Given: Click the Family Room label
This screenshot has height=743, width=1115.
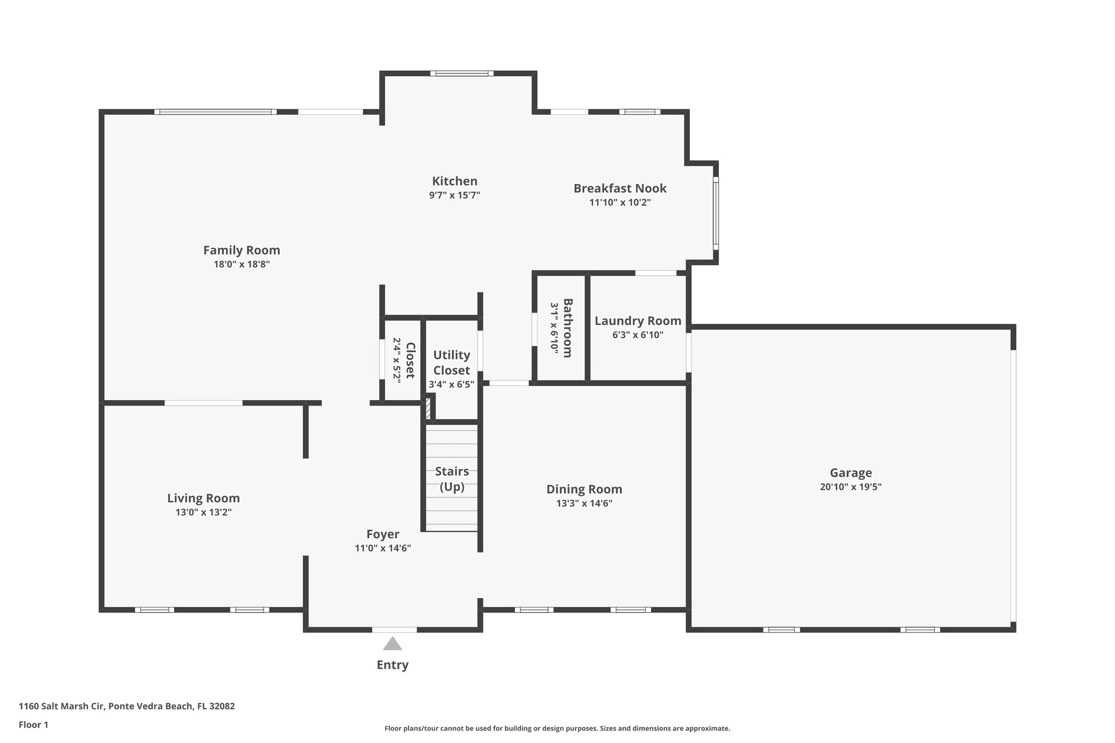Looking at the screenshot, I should pyautogui.click(x=241, y=250).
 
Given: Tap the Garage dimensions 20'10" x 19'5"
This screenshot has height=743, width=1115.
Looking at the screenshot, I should pyautogui.click(x=850, y=487).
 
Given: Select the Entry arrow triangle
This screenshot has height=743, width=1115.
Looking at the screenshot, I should pyautogui.click(x=392, y=644).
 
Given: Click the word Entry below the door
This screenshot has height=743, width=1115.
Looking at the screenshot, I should pyautogui.click(x=392, y=665).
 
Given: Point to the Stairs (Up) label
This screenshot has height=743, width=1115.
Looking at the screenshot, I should pyautogui.click(x=451, y=479).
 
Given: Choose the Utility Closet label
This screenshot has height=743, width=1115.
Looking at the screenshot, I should pyautogui.click(x=451, y=363).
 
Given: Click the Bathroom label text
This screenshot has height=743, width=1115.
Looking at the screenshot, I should pyautogui.click(x=567, y=328).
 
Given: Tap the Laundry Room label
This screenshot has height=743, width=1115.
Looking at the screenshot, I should pyautogui.click(x=638, y=321).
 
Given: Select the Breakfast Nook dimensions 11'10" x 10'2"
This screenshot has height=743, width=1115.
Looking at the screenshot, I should pyautogui.click(x=620, y=202).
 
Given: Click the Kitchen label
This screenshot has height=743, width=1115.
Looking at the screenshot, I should pyautogui.click(x=455, y=181).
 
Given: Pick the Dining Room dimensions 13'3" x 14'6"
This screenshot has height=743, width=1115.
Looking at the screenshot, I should pyautogui.click(x=584, y=503).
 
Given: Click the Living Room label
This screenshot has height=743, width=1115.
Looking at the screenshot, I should pyautogui.click(x=203, y=498).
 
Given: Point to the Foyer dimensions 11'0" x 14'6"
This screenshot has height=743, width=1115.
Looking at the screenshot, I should pyautogui.click(x=383, y=548).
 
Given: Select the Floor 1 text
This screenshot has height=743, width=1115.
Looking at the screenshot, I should pyautogui.click(x=33, y=724).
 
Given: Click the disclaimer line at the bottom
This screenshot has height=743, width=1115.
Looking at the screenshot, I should pyautogui.click(x=557, y=728).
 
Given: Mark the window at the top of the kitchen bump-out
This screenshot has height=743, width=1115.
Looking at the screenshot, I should pyautogui.click(x=462, y=73).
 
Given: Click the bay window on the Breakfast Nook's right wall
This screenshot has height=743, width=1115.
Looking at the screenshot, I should pyautogui.click(x=715, y=213).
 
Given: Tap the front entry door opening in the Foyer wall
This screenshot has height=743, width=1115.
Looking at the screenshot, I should pyautogui.click(x=394, y=630).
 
